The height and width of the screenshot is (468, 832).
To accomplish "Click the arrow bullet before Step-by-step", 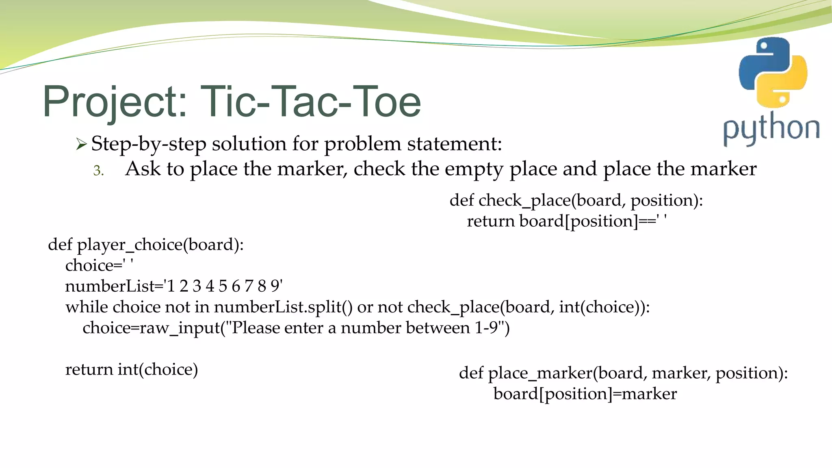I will pos(81,144).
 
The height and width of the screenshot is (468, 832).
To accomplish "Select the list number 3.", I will pos(98,171).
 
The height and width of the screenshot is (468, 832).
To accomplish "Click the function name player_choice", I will pos(130,245).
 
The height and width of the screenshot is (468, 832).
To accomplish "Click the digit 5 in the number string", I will pos(223,286).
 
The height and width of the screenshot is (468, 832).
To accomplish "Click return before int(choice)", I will pos(89,370).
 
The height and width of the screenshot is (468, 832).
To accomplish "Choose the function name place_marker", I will pos(540,373).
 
